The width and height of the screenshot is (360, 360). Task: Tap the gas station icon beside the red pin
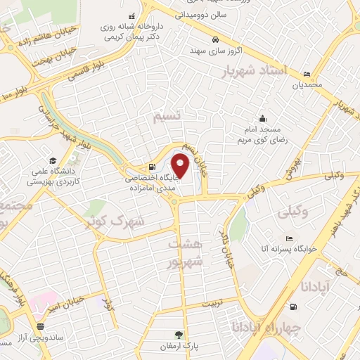[152, 167]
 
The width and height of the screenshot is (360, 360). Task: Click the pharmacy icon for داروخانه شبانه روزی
[130, 16]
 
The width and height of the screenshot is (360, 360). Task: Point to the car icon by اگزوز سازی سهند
[216, 39]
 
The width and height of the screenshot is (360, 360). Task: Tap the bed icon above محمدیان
[307, 75]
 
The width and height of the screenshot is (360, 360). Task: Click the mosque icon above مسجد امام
[262, 118]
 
